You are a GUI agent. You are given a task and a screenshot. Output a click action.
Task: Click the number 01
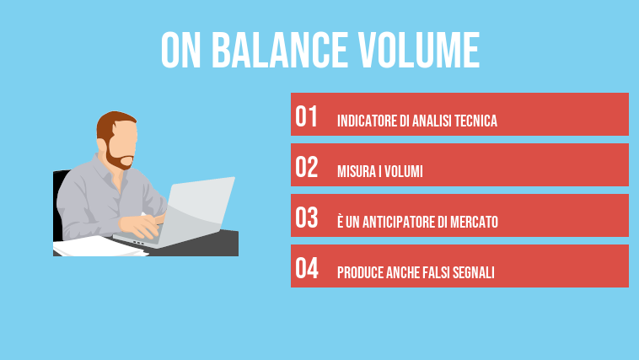point(307,117)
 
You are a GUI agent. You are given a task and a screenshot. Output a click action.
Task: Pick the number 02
point(307,168)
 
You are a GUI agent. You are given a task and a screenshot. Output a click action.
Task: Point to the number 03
point(307,218)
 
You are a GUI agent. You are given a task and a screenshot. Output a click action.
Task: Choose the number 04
point(307,269)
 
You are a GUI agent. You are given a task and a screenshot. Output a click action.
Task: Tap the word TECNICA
point(475,121)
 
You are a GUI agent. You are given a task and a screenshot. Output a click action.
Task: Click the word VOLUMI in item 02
point(403,172)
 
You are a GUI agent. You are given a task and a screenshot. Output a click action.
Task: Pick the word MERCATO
point(474,223)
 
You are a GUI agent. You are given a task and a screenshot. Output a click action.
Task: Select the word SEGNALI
point(475,273)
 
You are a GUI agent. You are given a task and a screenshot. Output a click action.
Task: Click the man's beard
point(120,158)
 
